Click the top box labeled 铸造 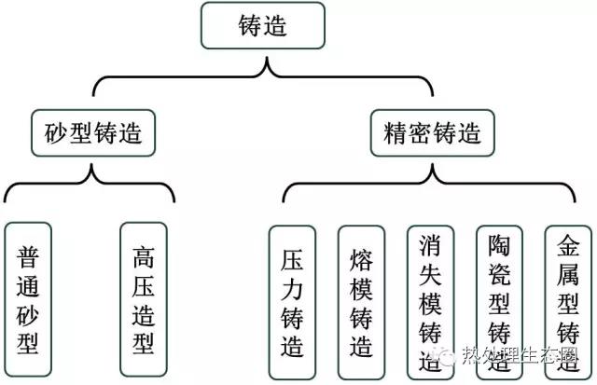click(263, 25)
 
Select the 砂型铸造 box click(93, 132)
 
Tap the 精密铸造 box click(433, 132)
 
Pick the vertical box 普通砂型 click(28, 300)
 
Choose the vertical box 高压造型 click(144, 300)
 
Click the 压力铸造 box click(292, 303)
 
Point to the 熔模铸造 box click(361, 303)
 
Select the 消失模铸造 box click(431, 303)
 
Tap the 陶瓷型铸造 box click(500, 303)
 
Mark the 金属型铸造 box click(568, 303)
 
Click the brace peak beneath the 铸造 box click(267, 58)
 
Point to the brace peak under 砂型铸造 click(91, 165)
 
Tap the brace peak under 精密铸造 click(432, 165)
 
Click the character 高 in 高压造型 click(144, 257)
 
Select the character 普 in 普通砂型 click(28, 257)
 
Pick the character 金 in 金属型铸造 click(568, 246)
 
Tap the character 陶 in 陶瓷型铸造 click(500, 246)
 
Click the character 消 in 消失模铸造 click(431, 246)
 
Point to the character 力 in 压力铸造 click(292, 290)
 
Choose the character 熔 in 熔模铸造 click(361, 260)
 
